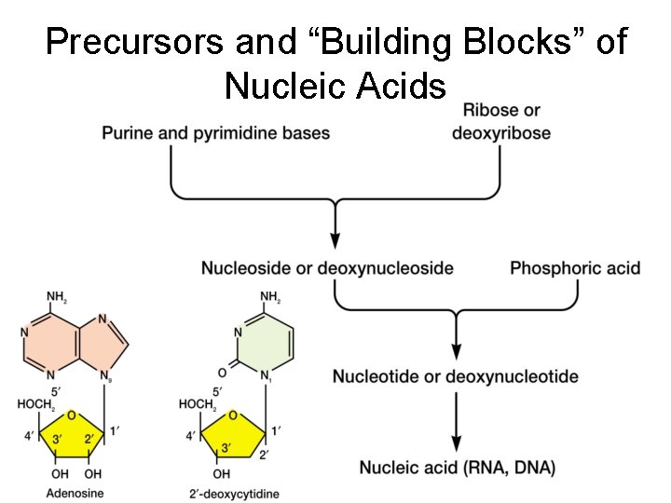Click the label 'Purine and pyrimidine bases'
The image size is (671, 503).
[x=215, y=133]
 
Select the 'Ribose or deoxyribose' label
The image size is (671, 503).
[x=500, y=122]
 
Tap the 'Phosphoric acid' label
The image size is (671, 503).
[x=575, y=268]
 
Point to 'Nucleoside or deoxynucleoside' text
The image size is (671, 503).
[x=327, y=268]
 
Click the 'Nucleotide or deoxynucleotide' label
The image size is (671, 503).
[x=456, y=376]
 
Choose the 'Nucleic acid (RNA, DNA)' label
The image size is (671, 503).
[x=457, y=468]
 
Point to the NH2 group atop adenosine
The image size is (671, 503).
[x=56, y=297]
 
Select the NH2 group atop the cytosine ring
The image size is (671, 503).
[x=271, y=297]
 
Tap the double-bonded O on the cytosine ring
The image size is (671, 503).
[x=222, y=371]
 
